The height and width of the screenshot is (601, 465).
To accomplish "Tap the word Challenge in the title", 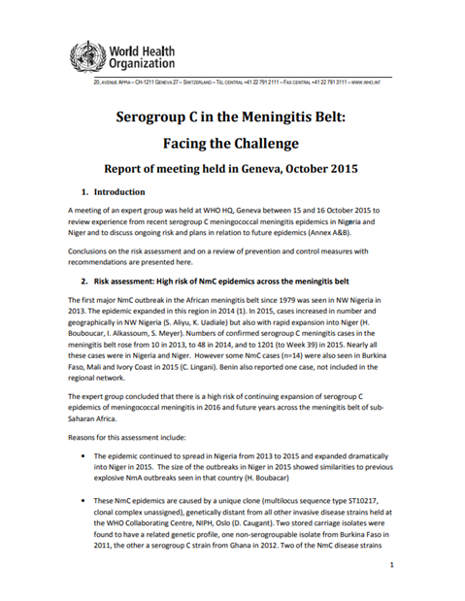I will pos(284,149).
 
